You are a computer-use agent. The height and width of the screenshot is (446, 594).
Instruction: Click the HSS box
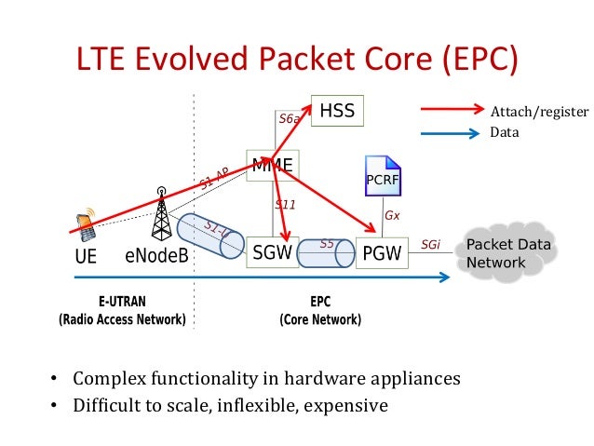(337, 112)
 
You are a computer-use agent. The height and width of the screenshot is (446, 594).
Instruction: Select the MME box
(273, 167)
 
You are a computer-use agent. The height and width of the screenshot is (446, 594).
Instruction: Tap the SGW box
(273, 251)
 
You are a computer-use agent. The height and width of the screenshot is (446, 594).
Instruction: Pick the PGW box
(382, 252)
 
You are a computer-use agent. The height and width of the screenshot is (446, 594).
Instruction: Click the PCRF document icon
(381, 176)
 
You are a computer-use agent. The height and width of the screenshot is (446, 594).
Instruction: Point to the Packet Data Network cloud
(510, 253)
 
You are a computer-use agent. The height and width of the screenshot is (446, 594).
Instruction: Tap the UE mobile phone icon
(85, 223)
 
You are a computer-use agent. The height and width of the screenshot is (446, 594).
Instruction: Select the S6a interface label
(289, 119)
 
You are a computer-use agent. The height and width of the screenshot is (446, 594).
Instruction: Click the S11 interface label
(285, 204)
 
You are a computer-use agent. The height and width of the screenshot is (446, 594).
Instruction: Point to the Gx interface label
(392, 215)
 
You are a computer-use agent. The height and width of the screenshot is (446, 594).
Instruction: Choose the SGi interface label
(430, 245)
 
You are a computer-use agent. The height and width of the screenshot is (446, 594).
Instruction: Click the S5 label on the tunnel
(327, 244)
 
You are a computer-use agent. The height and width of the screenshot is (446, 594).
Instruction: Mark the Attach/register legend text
(539, 113)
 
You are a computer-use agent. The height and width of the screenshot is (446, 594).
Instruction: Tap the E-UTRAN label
(122, 303)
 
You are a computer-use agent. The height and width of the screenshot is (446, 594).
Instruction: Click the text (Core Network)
(320, 319)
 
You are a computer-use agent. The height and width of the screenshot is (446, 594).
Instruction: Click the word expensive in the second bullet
(349, 406)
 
